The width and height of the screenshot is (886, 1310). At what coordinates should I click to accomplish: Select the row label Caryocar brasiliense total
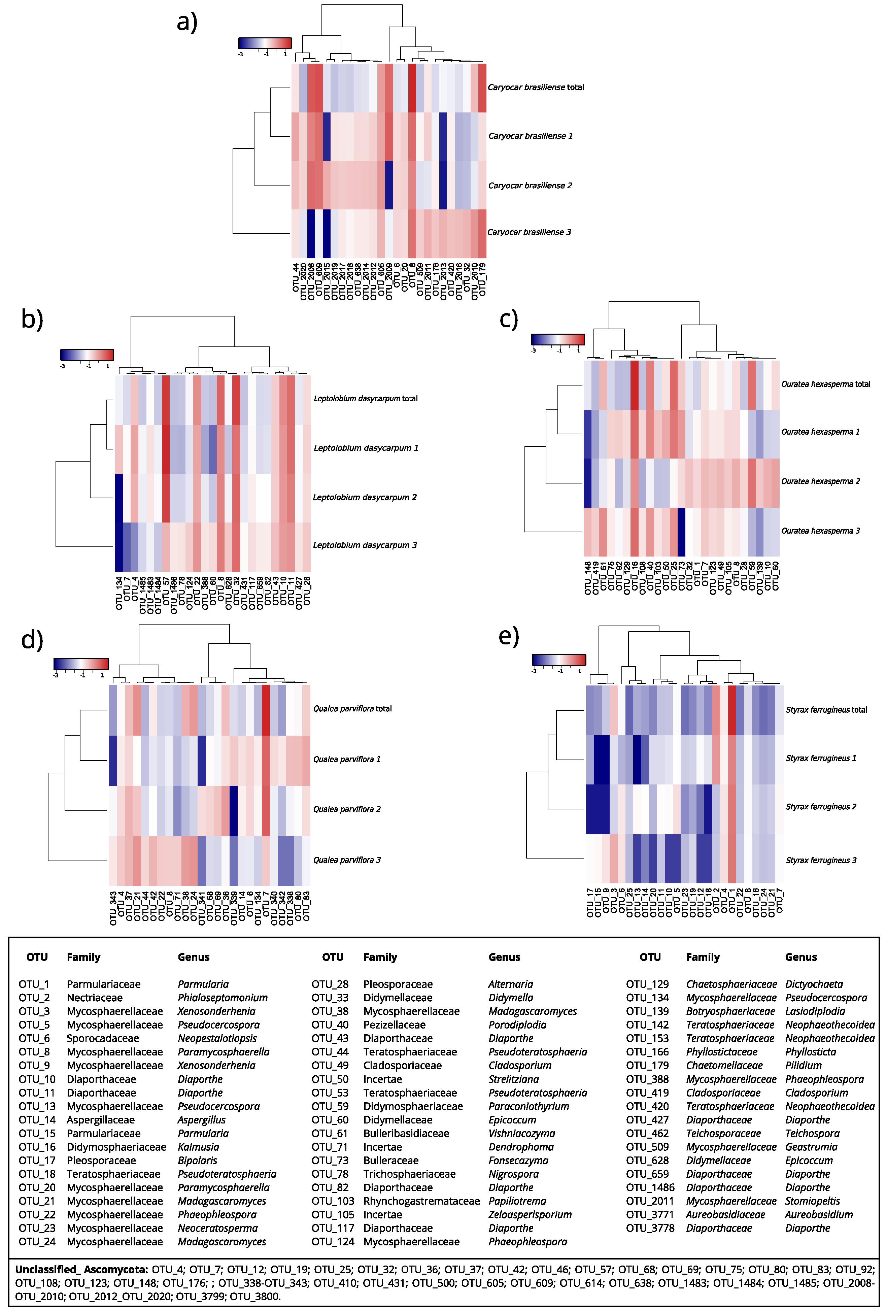pyautogui.click(x=536, y=88)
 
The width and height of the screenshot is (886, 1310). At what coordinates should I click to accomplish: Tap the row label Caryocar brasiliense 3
pyautogui.click(x=529, y=232)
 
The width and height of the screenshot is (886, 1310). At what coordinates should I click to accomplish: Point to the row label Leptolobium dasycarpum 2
pyautogui.click(x=365, y=497)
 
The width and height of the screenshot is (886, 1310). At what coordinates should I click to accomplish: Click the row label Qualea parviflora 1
pyautogui.click(x=347, y=759)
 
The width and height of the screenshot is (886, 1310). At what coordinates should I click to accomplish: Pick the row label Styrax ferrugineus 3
pyautogui.click(x=821, y=860)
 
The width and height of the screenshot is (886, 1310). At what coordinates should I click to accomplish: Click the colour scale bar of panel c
pyautogui.click(x=557, y=339)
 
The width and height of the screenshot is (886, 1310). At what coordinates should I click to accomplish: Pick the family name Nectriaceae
pyautogui.click(x=94, y=998)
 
